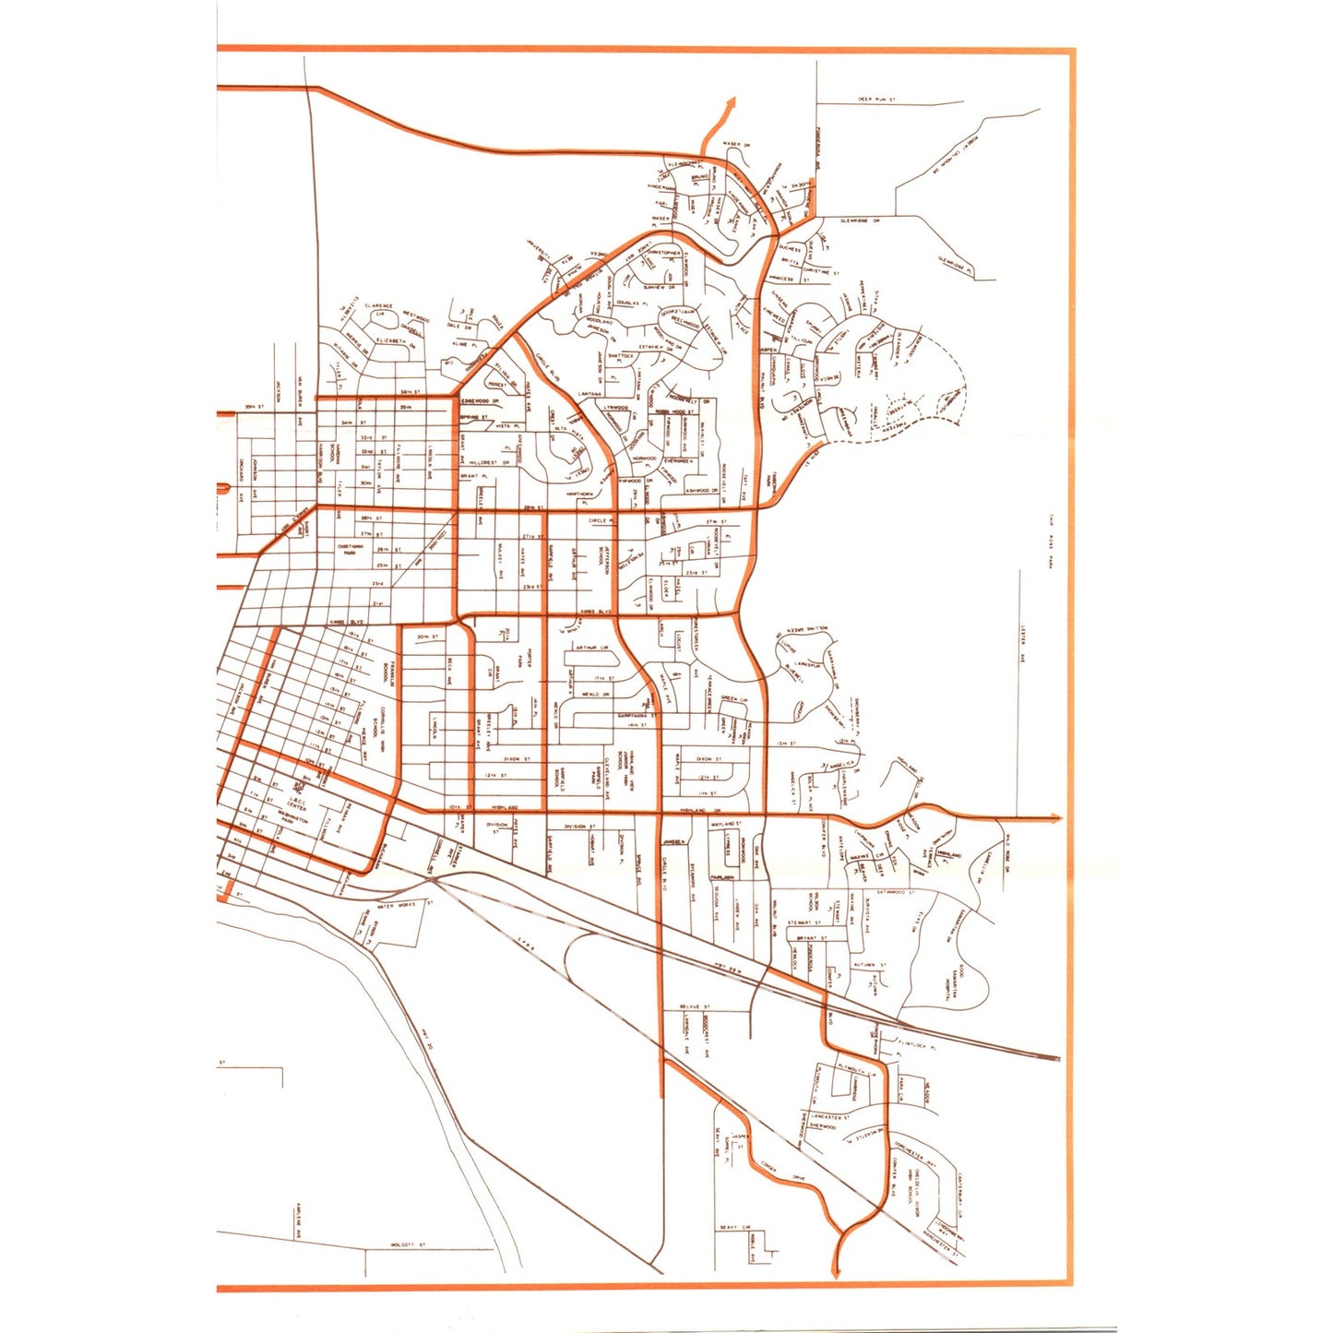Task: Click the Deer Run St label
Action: (877, 99)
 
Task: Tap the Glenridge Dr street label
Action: (860, 220)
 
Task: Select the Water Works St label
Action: (398, 905)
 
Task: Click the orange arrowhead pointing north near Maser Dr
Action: (733, 101)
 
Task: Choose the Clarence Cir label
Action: (378, 307)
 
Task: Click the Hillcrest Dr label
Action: (489, 462)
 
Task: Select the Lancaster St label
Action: (827, 1116)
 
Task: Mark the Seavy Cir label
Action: (734, 1227)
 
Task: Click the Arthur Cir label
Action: (594, 648)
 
